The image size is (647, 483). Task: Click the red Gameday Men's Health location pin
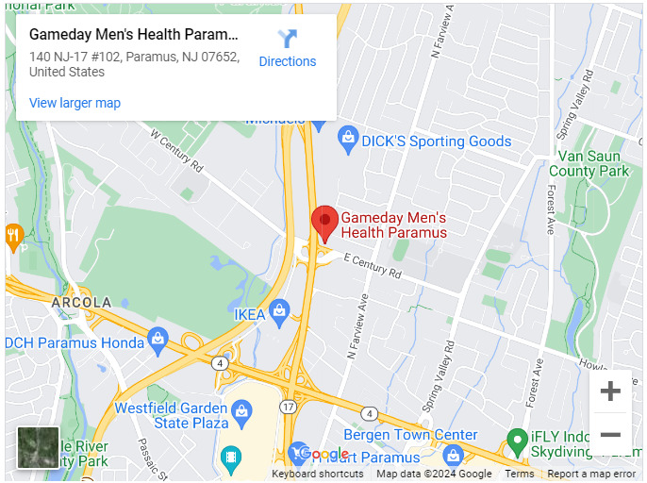pos(324,223)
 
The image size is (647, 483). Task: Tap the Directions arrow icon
pos(288,39)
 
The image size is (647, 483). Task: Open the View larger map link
pos(75,103)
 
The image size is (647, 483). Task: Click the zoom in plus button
pos(610,391)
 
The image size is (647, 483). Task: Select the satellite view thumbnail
pos(38,447)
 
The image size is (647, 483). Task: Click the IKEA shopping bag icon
pos(279,310)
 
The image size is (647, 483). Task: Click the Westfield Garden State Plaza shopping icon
pos(242,410)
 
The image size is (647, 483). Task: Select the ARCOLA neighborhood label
pos(81,303)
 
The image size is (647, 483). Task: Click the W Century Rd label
pos(177,149)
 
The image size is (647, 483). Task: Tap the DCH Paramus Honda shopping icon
pos(158,338)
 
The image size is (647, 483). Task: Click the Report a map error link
pos(591,474)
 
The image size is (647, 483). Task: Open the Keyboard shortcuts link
pos(318,474)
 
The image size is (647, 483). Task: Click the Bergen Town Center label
pos(410,435)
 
